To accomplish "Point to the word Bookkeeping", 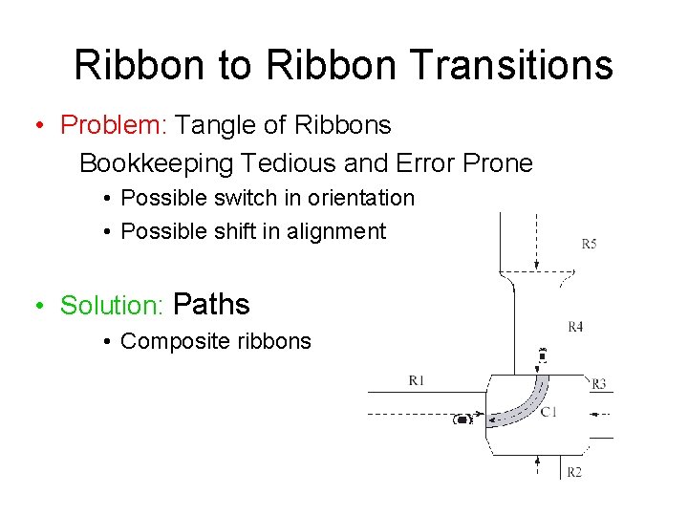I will (156, 163).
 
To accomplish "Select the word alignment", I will (336, 231).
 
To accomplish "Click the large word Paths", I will (213, 305).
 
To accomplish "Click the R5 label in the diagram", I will (589, 244).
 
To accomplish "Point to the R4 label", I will (575, 327).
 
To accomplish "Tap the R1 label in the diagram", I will (416, 380).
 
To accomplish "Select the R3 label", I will (598, 384).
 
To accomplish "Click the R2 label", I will (574, 472).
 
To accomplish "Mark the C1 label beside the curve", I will (548, 412).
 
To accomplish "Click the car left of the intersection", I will (463, 419).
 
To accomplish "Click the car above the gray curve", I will (543, 357).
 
